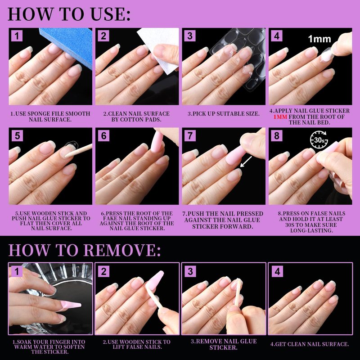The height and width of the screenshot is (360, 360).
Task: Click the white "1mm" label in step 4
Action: pos(319,39)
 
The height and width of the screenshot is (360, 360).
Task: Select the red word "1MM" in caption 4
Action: pos(280,117)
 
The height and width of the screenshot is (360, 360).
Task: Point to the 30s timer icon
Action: pos(319,139)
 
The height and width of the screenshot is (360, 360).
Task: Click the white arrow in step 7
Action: pos(246,162)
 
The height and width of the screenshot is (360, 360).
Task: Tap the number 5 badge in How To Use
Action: pos(17,136)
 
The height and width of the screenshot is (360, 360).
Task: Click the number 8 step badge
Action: pos(277,136)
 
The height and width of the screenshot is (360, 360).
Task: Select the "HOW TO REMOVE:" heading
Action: pos(85,250)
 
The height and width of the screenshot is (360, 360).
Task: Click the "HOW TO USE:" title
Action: pos(69,14)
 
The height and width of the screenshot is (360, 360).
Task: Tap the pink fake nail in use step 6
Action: pos(157,141)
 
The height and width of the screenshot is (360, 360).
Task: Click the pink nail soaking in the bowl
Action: pos(71,305)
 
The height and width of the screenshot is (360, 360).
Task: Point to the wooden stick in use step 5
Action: pos(78,151)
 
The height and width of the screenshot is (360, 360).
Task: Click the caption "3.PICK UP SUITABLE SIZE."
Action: pos(223,114)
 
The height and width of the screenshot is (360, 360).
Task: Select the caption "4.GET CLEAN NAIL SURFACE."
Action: pos(310,344)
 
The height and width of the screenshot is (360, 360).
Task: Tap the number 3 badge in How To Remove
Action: pos(190,271)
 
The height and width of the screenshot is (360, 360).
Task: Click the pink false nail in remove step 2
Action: pos(154,280)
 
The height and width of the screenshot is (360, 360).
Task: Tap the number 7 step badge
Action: pos(190,136)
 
